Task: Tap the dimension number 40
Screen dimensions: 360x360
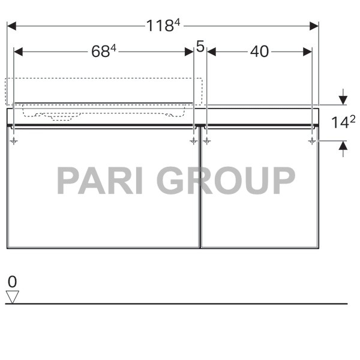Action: coord(259,52)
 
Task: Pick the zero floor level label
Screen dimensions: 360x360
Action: coord(12,281)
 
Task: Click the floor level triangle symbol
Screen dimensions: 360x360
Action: coord(12,296)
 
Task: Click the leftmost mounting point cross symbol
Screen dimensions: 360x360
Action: coord(14,141)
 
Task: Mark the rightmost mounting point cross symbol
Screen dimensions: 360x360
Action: coord(312,141)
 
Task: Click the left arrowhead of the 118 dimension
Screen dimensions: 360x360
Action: coord(11,26)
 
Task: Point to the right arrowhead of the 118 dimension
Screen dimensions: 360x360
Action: coord(314,26)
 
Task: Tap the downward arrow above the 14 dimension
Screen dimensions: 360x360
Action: coord(343,98)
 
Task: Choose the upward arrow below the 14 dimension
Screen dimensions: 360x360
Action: coord(343,146)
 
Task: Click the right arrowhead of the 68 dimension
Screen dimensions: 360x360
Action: coord(189,52)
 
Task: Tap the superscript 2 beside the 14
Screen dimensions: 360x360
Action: coord(353,119)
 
